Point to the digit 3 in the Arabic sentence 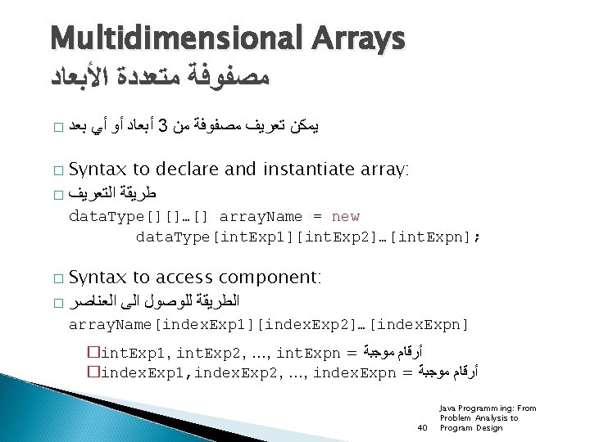coord(163,126)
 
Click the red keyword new coord(345,217)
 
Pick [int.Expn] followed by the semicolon coord(434,237)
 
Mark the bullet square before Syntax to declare coord(56,170)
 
